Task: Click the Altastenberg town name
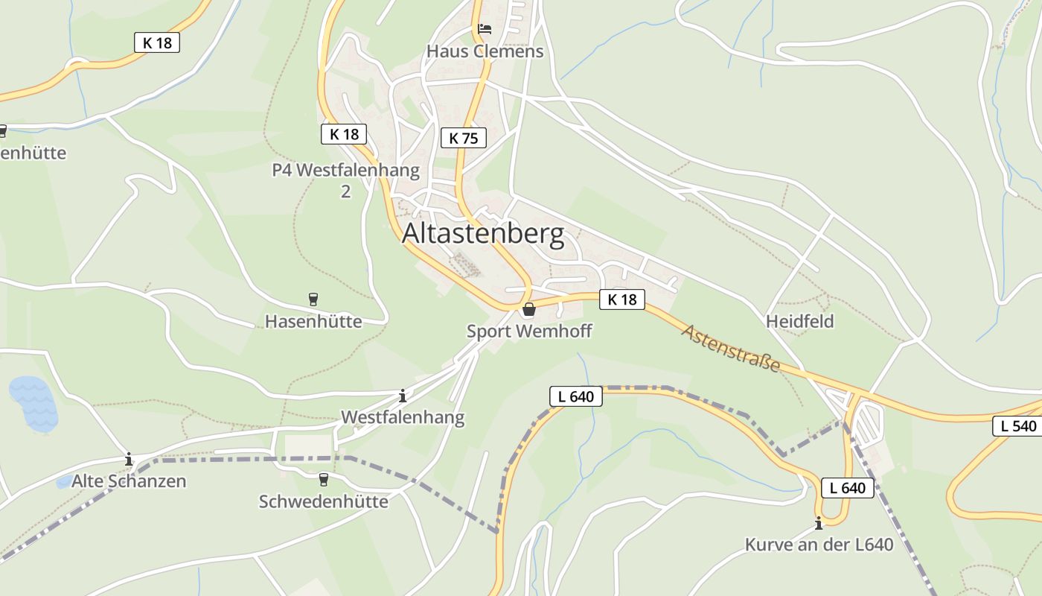pos(483,234)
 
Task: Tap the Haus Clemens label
pos(485,51)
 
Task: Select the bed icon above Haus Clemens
pos(485,29)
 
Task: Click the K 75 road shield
pos(463,138)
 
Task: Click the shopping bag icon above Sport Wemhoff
pos(529,309)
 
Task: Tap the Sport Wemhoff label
pos(529,331)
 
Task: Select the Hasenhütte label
pos(313,321)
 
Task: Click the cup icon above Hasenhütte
pos(313,299)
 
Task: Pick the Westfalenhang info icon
pos(403,396)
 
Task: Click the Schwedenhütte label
pos(323,501)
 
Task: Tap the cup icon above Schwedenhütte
pos(323,479)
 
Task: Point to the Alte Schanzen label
pos(129,481)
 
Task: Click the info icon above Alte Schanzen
pos(129,459)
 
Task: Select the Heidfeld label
pos(800,321)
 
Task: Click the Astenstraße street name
pos(731,348)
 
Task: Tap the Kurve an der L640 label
pos(819,545)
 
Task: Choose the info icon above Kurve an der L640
pos(819,523)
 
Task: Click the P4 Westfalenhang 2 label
pos(345,180)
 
